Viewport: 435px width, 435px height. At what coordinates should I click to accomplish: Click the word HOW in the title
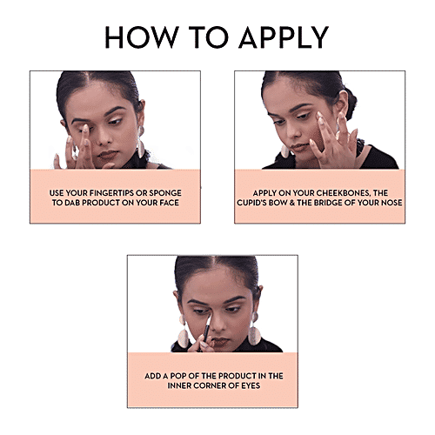tap(142, 37)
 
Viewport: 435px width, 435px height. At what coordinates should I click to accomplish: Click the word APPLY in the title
tap(284, 37)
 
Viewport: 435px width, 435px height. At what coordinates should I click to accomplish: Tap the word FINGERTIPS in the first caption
tap(111, 193)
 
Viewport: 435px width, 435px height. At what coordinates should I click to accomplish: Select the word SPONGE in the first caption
tap(164, 193)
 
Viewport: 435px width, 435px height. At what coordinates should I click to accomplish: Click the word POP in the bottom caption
tap(177, 376)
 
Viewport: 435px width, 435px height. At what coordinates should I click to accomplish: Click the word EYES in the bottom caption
tap(251, 385)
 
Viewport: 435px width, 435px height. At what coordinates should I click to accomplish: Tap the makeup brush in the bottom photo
tap(205, 331)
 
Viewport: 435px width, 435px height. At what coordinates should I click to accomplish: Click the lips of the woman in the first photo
tap(107, 154)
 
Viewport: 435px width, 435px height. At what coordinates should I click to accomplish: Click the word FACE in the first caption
tap(170, 203)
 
